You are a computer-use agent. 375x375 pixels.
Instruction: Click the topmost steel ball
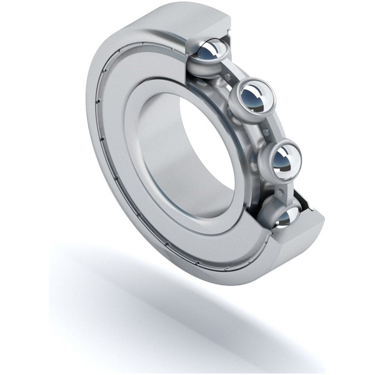pyautogui.click(x=212, y=51)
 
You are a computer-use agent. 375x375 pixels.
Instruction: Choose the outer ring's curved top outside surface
pyautogui.click(x=156, y=19)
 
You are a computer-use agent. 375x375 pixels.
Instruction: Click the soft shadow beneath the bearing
pyautogui.click(x=156, y=300)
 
